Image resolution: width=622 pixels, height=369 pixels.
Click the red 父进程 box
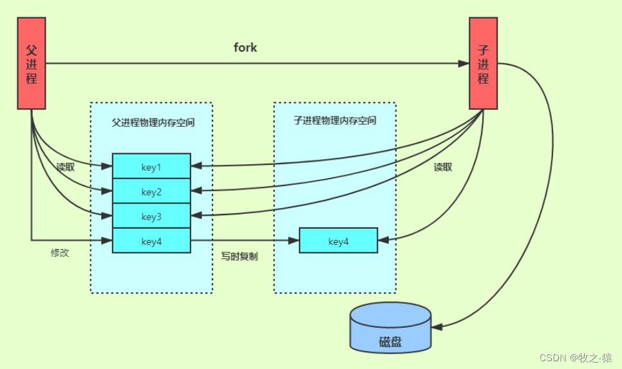[x=31, y=64]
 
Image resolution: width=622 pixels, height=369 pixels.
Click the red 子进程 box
[x=483, y=64]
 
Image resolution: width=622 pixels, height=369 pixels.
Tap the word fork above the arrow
[x=245, y=48]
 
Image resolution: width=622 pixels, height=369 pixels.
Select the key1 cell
[x=151, y=167]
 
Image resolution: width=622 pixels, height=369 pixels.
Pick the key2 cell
[x=151, y=191]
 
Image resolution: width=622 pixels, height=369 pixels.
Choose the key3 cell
[x=151, y=216]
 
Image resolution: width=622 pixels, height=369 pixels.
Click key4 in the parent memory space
[x=151, y=241]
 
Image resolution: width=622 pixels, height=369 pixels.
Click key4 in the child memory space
[x=338, y=241]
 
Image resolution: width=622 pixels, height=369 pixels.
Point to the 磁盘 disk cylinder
[x=390, y=328]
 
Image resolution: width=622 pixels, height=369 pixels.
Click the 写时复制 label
[x=240, y=256]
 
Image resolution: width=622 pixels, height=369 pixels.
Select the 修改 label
[x=60, y=253]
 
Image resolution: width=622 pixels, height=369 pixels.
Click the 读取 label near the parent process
[x=66, y=167]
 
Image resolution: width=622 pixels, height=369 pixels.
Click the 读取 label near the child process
[x=443, y=167]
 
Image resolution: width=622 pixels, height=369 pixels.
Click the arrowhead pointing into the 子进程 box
[x=464, y=64]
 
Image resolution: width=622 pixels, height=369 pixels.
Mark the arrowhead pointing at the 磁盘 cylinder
[x=437, y=327]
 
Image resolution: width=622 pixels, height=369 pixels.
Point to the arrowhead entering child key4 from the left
[x=294, y=241]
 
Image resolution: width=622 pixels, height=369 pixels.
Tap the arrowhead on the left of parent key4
[x=108, y=241]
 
